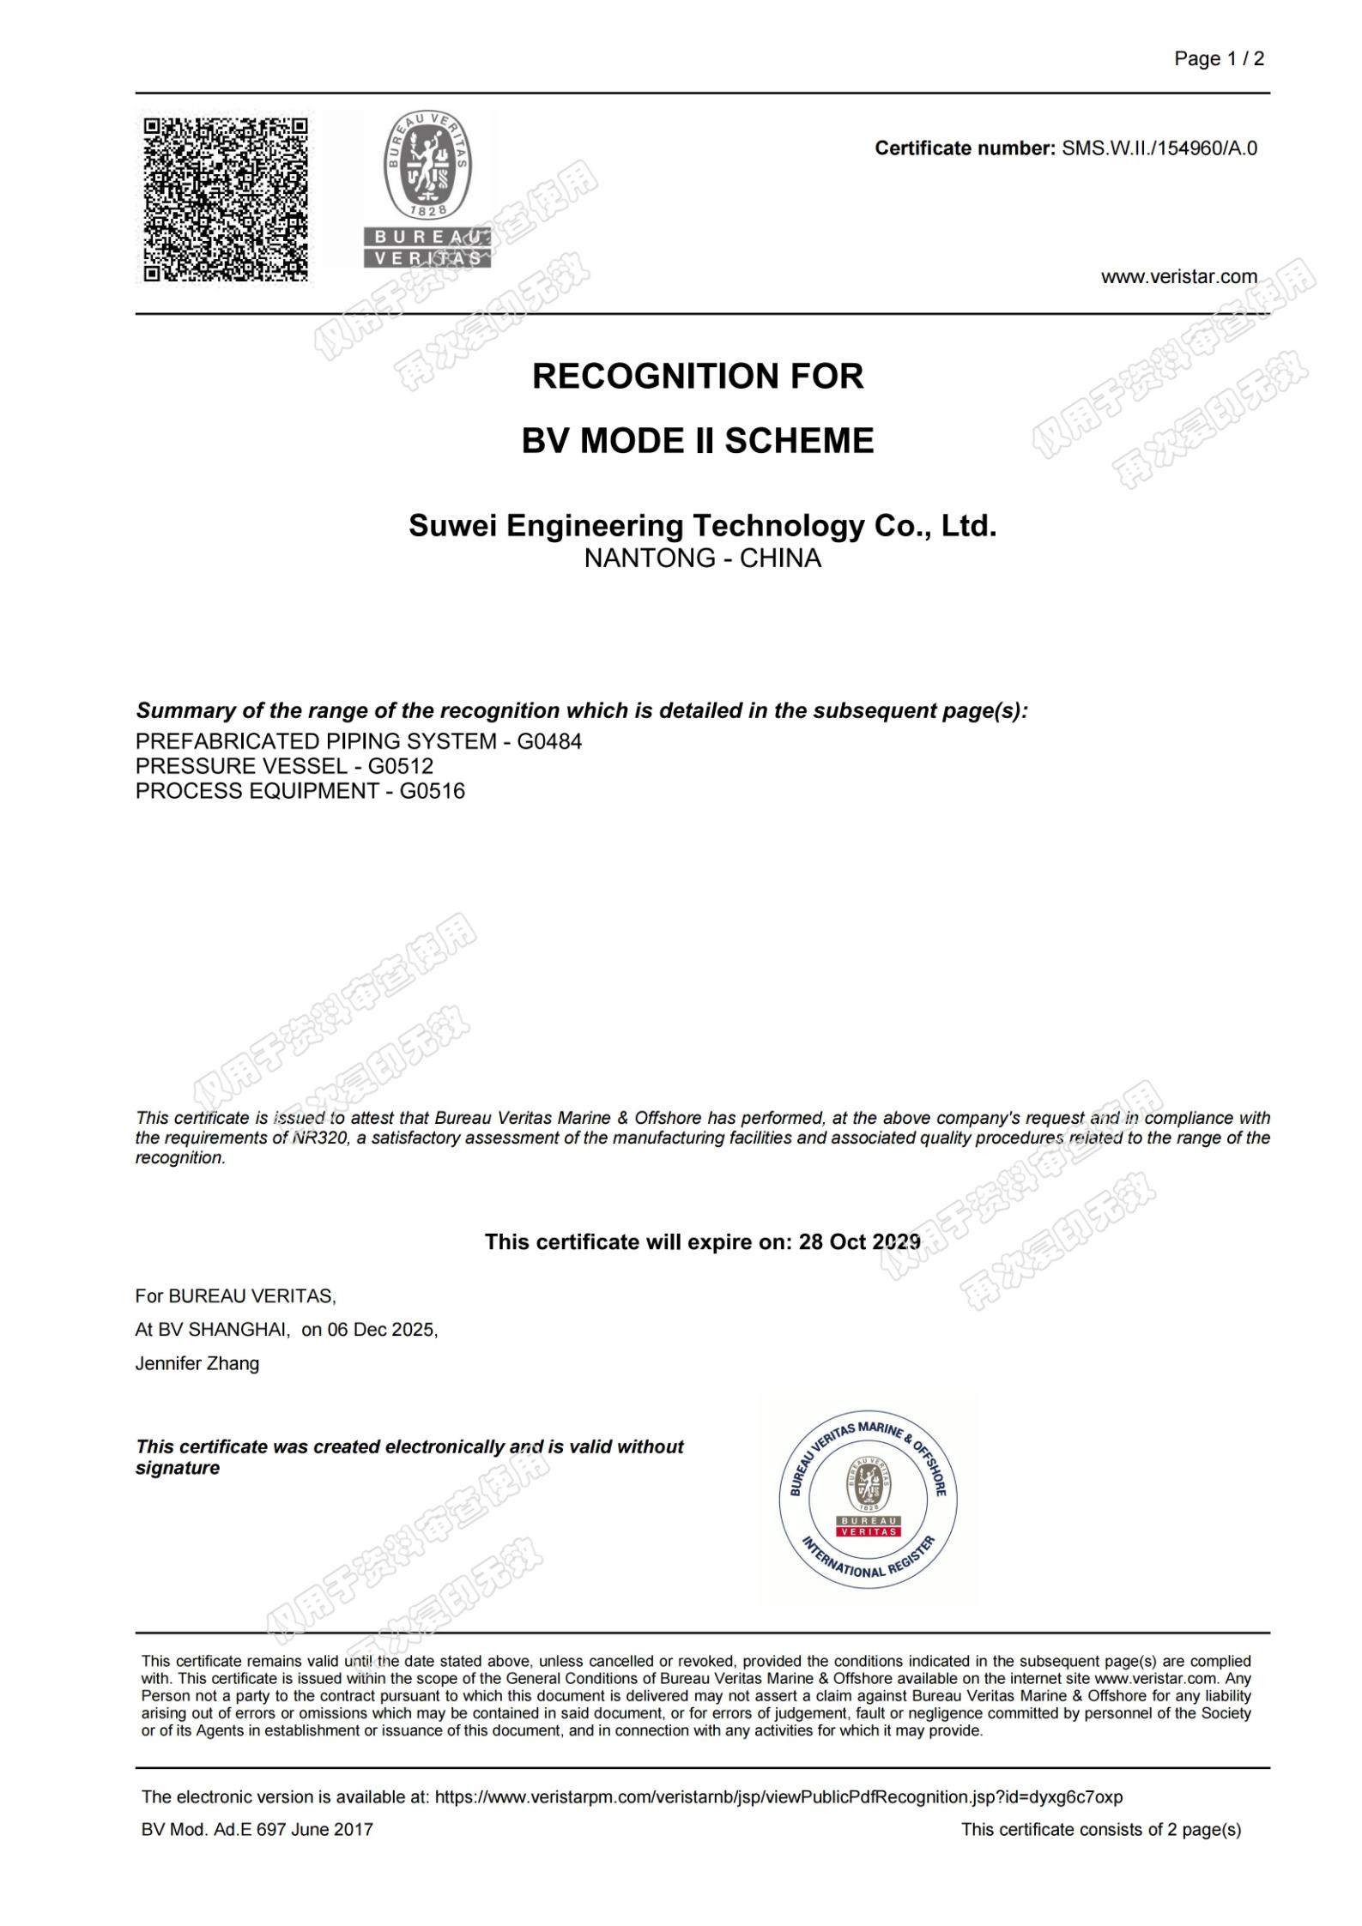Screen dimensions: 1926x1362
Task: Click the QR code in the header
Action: pyautogui.click(x=226, y=199)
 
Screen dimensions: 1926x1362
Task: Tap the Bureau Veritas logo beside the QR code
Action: pyautogui.click(x=427, y=190)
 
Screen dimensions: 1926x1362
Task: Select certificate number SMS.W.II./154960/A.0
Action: pyautogui.click(x=1159, y=148)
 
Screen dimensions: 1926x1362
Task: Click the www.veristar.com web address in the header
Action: pyautogui.click(x=1178, y=276)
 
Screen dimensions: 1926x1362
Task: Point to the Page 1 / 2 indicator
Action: pyautogui.click(x=1219, y=58)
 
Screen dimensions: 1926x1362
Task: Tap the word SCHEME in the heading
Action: pyautogui.click(x=799, y=441)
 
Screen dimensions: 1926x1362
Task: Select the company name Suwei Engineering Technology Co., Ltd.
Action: pyautogui.click(x=702, y=525)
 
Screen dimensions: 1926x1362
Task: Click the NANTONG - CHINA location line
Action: pyautogui.click(x=702, y=558)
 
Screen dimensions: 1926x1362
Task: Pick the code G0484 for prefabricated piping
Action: pyautogui.click(x=549, y=741)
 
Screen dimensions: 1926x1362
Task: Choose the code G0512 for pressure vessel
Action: pyautogui.click(x=401, y=766)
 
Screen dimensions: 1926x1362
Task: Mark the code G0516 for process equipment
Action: pyautogui.click(x=432, y=791)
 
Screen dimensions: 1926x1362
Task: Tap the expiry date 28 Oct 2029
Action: pyautogui.click(x=859, y=1241)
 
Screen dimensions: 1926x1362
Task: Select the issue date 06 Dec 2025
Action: pyautogui.click(x=381, y=1330)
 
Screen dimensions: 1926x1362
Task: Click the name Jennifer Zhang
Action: pyautogui.click(x=197, y=1363)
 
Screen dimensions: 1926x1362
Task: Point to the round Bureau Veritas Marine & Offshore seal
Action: pyautogui.click(x=868, y=1499)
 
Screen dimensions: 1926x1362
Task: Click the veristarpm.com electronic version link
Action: pyautogui.click(x=778, y=1796)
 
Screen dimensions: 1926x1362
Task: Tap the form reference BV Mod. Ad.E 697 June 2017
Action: pyautogui.click(x=257, y=1829)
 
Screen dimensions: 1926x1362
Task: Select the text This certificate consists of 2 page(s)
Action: pyautogui.click(x=1100, y=1829)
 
